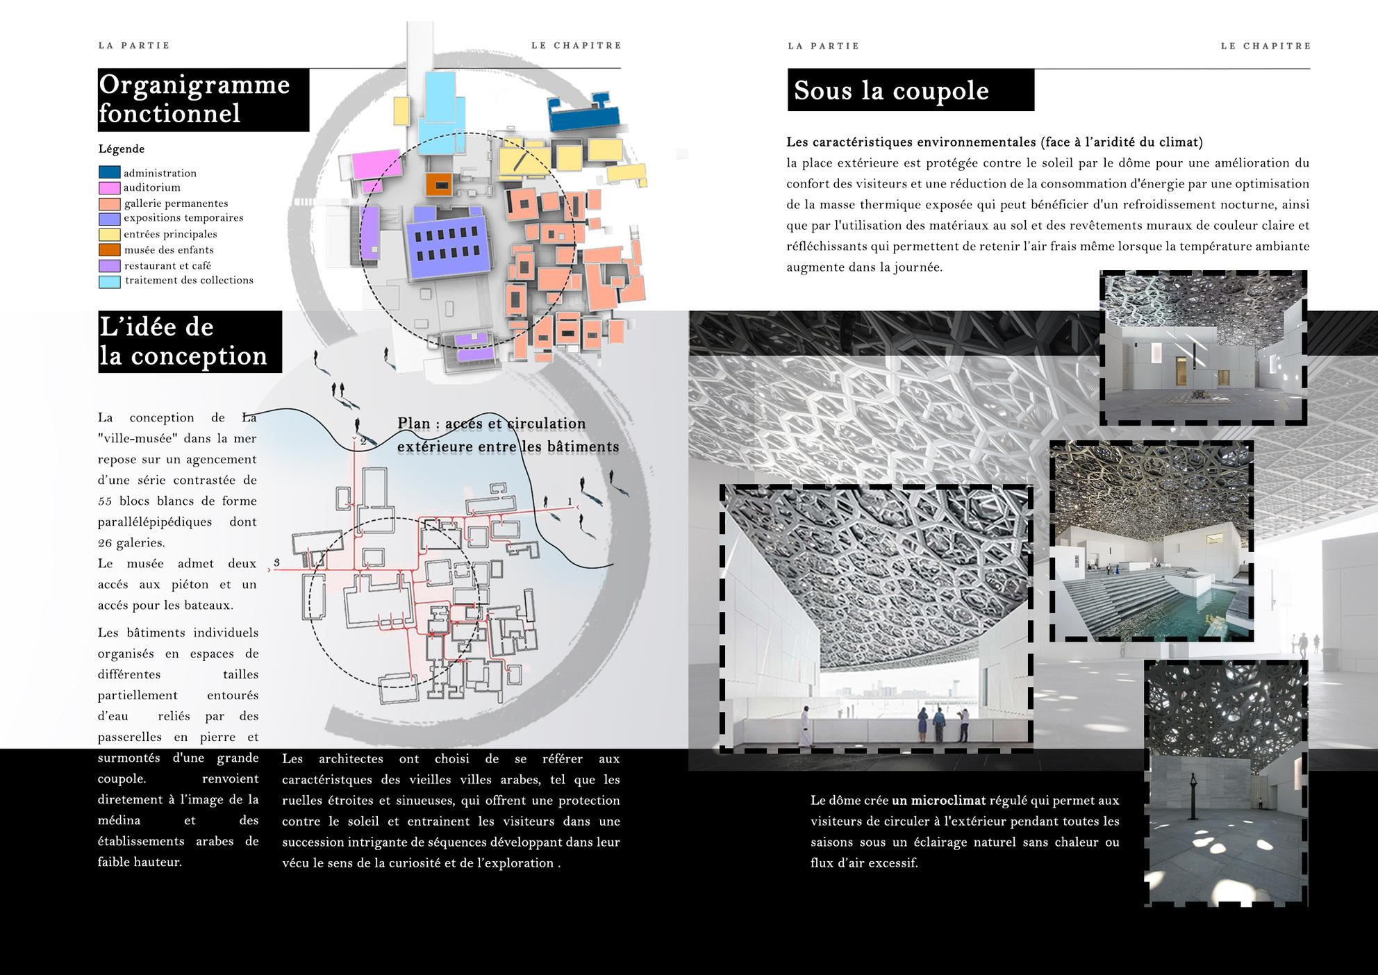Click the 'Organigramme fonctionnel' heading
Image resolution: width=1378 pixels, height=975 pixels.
pyautogui.click(x=194, y=99)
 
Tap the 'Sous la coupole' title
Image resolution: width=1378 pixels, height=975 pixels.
pyautogui.click(x=891, y=90)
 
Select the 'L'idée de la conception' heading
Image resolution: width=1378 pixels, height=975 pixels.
pyautogui.click(x=183, y=341)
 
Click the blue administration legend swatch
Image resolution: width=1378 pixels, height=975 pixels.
pyautogui.click(x=109, y=172)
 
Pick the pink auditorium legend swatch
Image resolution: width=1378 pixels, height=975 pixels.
pyautogui.click(x=109, y=187)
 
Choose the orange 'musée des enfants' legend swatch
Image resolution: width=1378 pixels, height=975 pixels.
pyautogui.click(x=109, y=250)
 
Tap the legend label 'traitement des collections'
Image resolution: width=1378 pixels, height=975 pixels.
pyautogui.click(x=189, y=281)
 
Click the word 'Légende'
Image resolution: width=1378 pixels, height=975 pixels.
pyautogui.click(x=122, y=149)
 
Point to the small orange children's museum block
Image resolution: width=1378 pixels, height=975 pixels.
pyautogui.click(x=439, y=184)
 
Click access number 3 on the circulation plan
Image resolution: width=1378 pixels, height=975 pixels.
pyautogui.click(x=276, y=562)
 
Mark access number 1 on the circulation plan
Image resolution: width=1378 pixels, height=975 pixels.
pyautogui.click(x=570, y=501)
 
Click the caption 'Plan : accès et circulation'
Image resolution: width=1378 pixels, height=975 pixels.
pyautogui.click(x=492, y=424)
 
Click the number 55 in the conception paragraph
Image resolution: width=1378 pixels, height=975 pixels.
pyautogui.click(x=105, y=501)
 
